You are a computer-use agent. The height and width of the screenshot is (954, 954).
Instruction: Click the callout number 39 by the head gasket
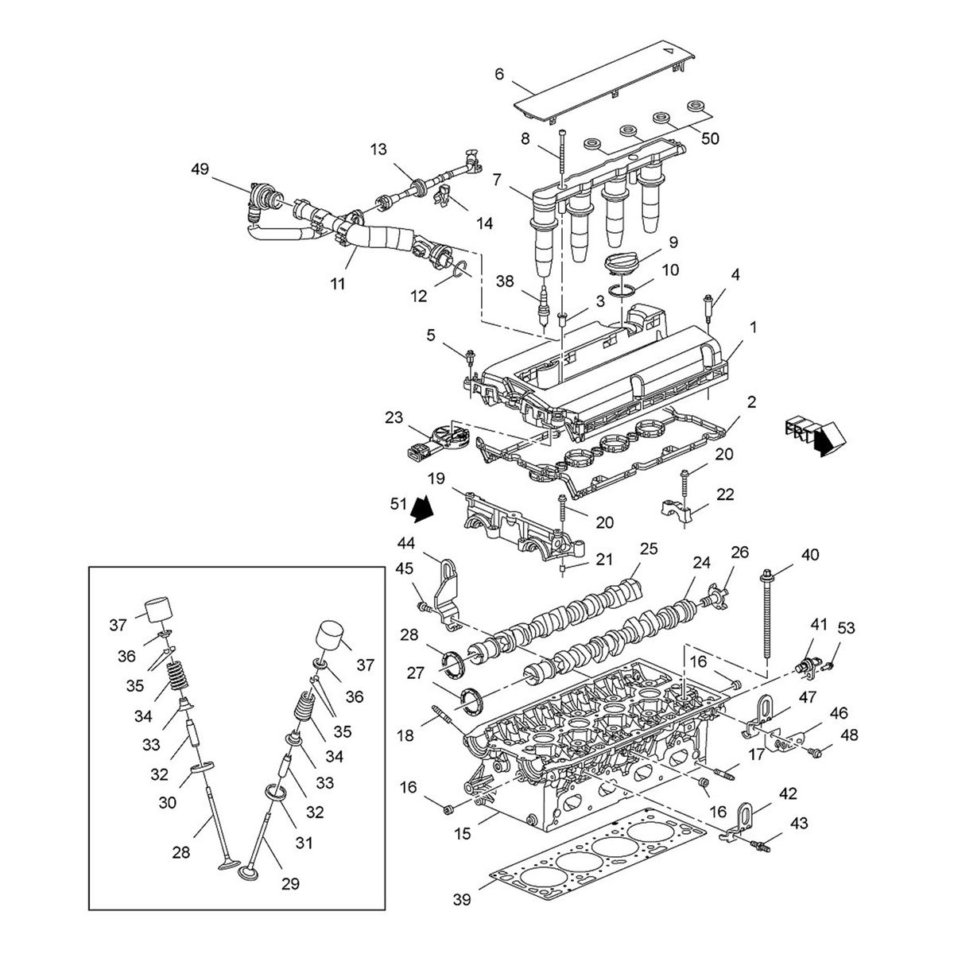[461, 900]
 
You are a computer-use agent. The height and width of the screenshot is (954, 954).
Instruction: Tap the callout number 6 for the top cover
[499, 74]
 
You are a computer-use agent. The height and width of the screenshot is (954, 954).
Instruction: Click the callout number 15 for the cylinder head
[463, 834]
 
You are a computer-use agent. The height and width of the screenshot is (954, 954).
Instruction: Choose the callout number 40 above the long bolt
[809, 554]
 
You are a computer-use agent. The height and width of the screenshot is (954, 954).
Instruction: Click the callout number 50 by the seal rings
[710, 138]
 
